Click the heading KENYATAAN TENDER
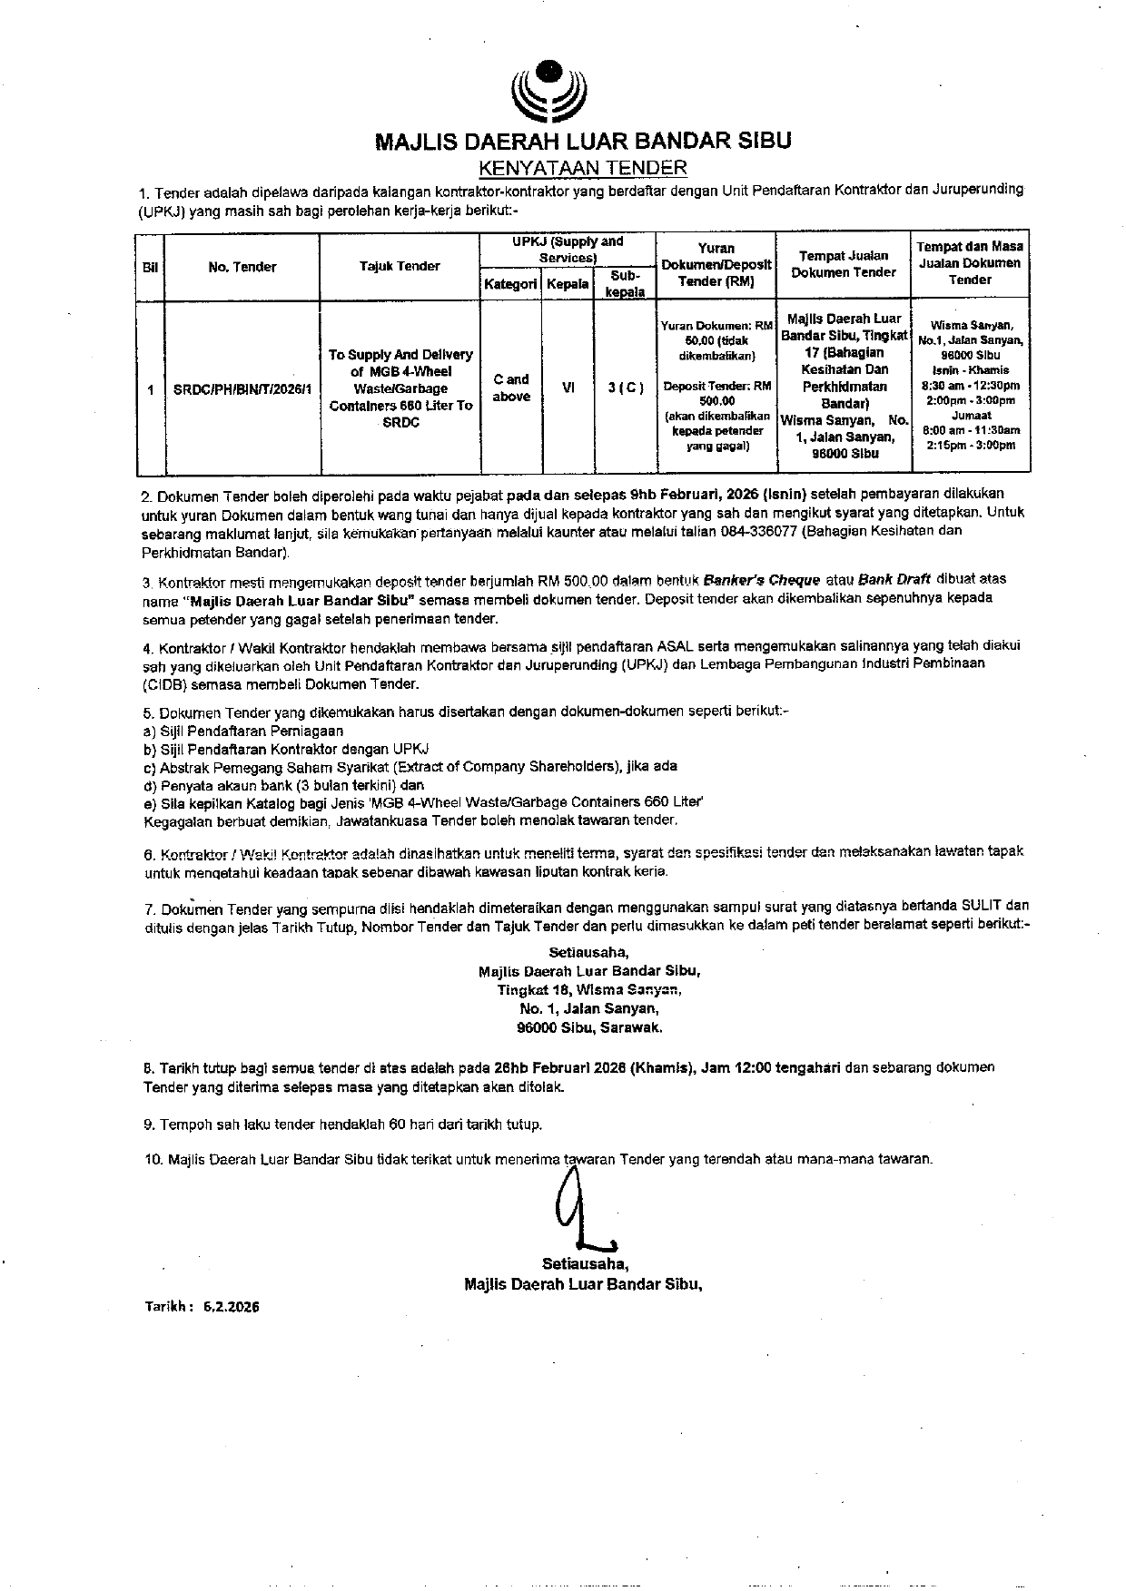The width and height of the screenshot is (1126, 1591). click(x=582, y=168)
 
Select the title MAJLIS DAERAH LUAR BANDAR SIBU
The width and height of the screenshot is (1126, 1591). click(x=583, y=141)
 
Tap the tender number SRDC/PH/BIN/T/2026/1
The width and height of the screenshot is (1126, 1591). click(x=242, y=388)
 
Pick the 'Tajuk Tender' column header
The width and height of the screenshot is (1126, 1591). click(x=400, y=266)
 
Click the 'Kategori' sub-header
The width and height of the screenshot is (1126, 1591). click(x=510, y=284)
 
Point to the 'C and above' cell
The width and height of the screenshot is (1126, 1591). click(x=511, y=388)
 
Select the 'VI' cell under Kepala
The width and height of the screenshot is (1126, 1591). click(x=568, y=388)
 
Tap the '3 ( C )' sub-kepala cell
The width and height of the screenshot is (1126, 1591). click(x=625, y=388)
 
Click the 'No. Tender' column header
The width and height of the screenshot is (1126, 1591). click(x=242, y=267)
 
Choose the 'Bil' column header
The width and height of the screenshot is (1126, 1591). click(x=150, y=267)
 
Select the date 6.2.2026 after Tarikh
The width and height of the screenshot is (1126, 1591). click(x=232, y=1307)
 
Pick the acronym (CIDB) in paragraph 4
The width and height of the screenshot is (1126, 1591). click(x=163, y=684)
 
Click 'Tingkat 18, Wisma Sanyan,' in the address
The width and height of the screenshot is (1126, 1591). click(x=588, y=989)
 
